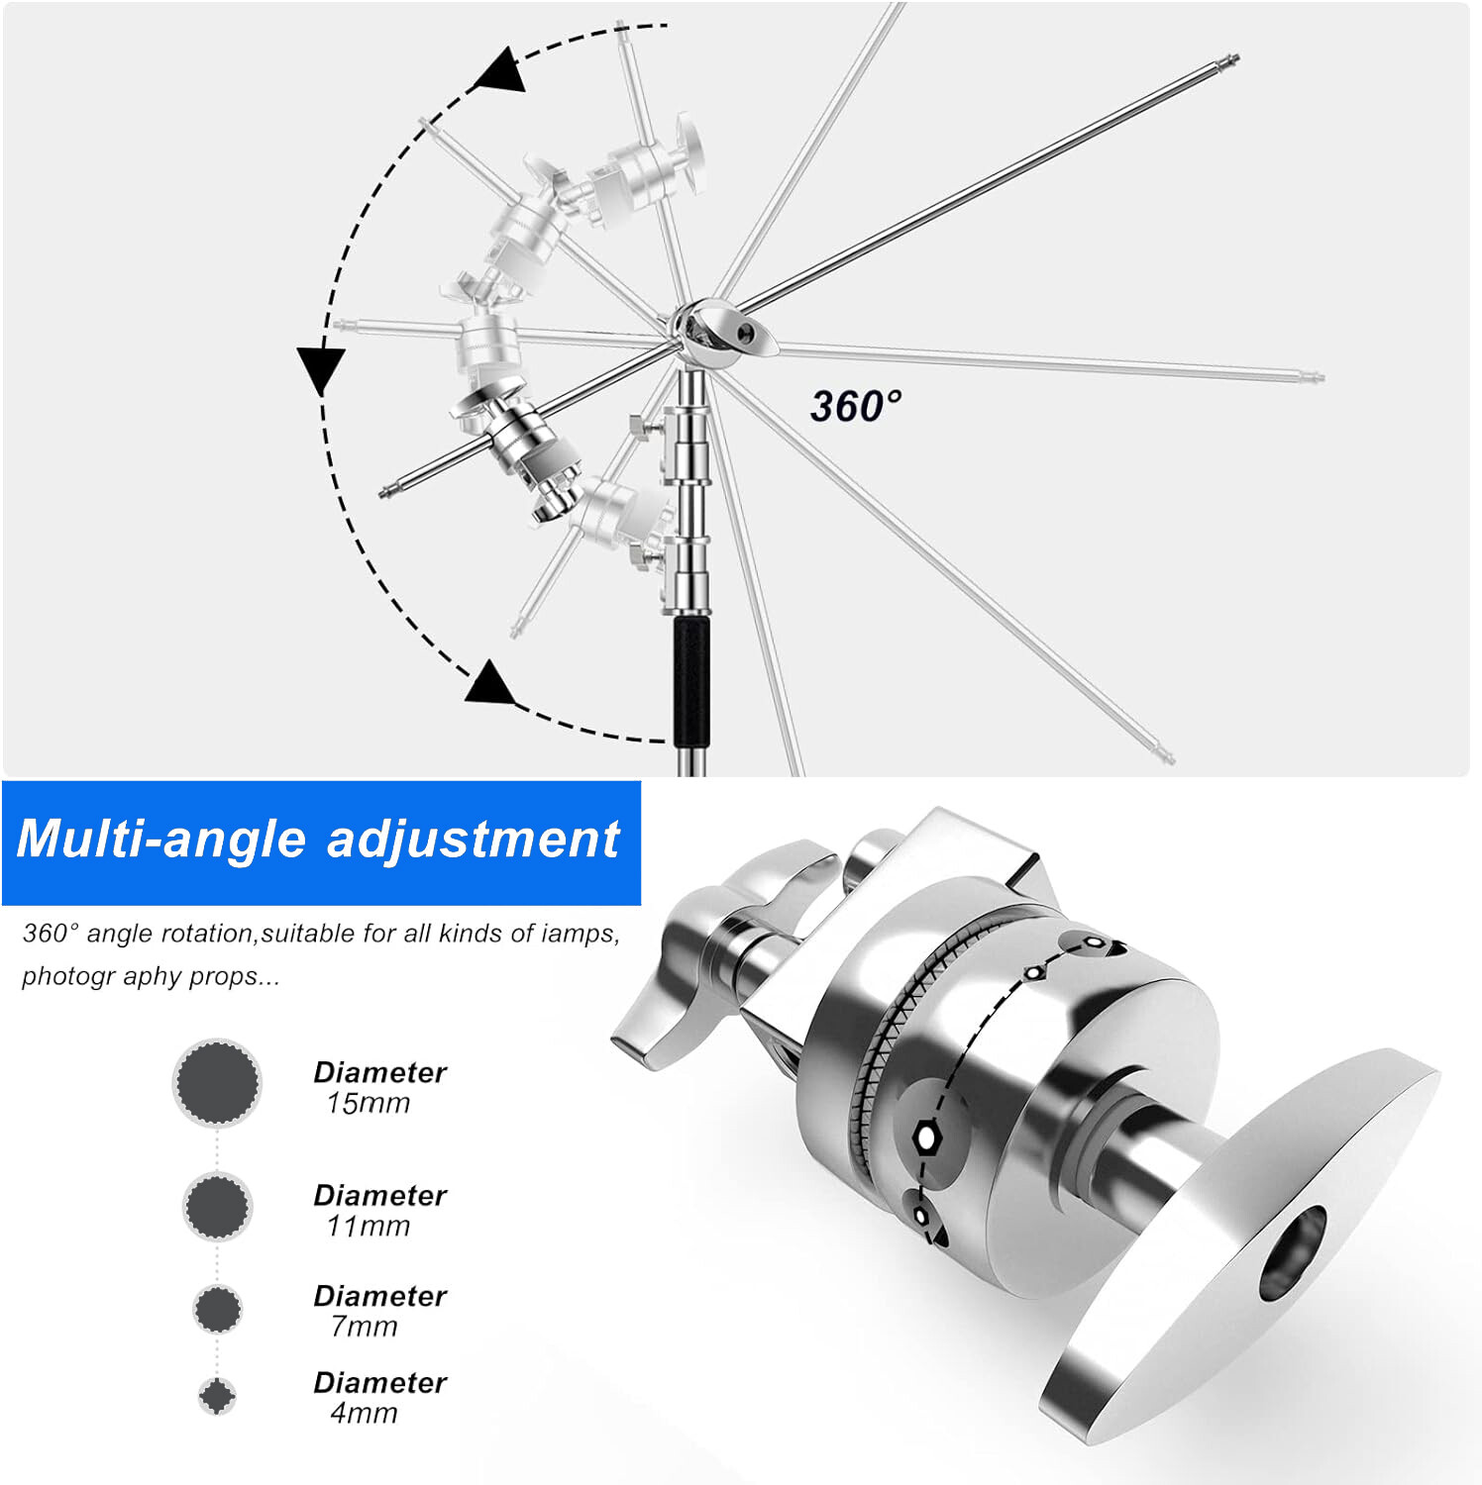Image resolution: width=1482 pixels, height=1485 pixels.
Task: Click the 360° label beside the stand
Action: point(856,405)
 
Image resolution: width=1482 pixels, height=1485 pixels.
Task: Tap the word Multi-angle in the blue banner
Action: point(162,839)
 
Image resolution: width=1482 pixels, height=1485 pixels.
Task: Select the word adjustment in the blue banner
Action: point(473,841)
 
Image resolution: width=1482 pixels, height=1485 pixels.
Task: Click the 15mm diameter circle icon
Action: point(217,1083)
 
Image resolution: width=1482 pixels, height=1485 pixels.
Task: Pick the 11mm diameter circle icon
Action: point(217,1206)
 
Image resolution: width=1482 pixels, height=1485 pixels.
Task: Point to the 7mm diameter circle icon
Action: point(217,1309)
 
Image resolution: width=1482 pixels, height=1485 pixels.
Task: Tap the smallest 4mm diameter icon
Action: point(217,1396)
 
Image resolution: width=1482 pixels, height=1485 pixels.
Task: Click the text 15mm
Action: point(369,1103)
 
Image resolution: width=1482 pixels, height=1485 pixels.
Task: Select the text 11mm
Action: point(369,1226)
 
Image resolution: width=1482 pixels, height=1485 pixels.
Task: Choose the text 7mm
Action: point(365,1326)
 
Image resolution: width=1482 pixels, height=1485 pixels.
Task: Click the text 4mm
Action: point(365,1413)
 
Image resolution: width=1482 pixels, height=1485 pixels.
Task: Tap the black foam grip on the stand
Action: point(691,682)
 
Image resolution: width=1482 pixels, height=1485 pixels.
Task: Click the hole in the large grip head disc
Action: point(1293,1252)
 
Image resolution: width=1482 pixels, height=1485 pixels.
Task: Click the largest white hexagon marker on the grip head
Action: point(926,1138)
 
